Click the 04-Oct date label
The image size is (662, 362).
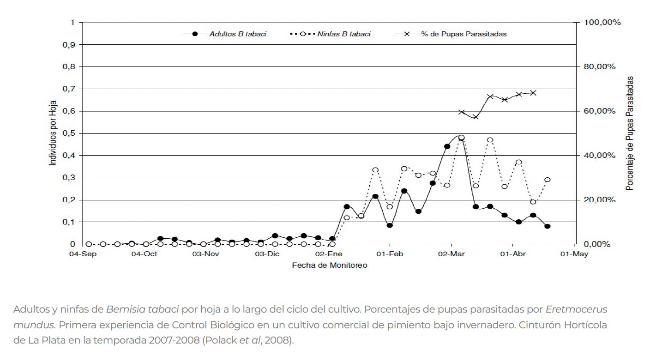[x=144, y=254]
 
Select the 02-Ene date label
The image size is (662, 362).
[x=328, y=254]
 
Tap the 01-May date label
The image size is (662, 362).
[x=574, y=254]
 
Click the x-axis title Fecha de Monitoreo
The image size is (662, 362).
[x=330, y=265]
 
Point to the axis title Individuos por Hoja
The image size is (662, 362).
[x=54, y=133]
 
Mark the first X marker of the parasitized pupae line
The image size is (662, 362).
[x=461, y=112]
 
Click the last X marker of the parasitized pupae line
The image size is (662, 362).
[x=533, y=93]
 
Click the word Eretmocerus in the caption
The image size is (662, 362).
[x=577, y=309]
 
